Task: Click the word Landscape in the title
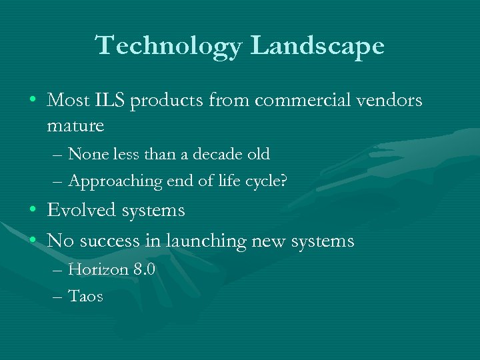coord(319,46)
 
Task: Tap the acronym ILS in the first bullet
coord(108,101)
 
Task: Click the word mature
coord(76,125)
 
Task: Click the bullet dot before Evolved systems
coord(33,211)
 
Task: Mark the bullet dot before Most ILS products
coord(33,101)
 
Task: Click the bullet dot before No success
coord(33,241)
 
